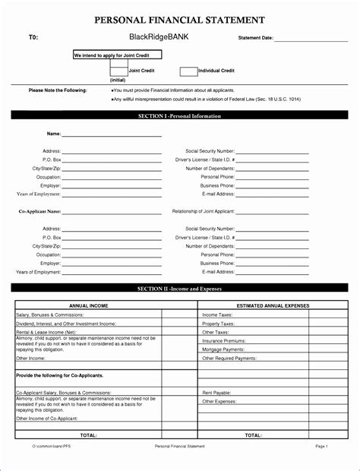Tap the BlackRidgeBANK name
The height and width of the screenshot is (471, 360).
pos(158,36)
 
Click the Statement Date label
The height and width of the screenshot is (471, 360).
pos(255,37)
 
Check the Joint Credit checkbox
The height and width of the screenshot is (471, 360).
pos(118,71)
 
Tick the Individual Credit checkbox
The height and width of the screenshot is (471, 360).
pos(188,71)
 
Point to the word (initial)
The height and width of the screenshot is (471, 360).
pos(118,80)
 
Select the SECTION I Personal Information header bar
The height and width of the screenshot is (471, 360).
pos(179,116)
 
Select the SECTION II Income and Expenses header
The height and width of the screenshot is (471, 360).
pos(179,289)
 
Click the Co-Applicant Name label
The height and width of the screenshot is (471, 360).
pos(39,211)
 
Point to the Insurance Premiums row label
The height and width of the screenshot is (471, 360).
pos(223,341)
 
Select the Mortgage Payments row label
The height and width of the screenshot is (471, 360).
pos(222,349)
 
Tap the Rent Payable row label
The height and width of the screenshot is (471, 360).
pos(216,393)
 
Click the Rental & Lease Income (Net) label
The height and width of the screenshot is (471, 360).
pos(46,332)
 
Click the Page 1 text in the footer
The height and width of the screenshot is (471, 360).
pos(321,447)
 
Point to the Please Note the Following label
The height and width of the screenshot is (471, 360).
pos(58,90)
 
